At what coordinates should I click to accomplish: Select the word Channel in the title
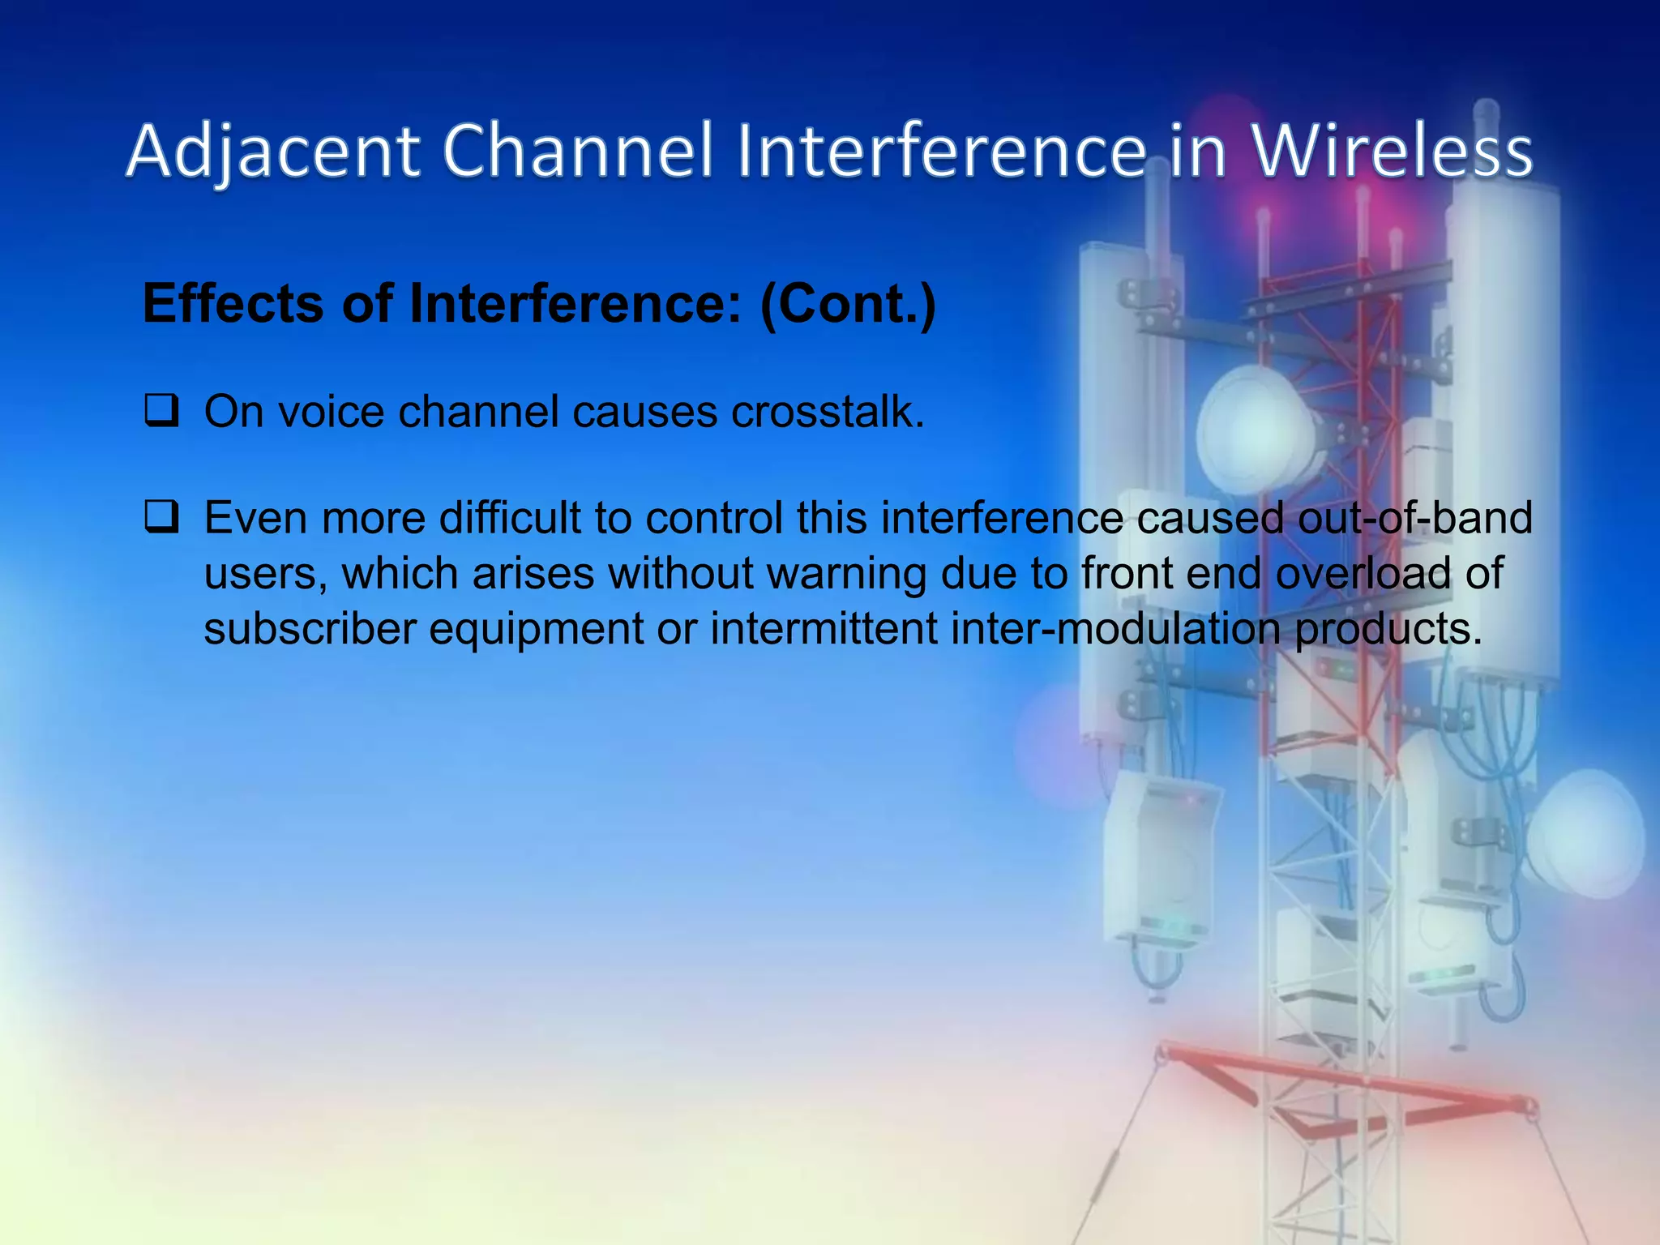pos(577,152)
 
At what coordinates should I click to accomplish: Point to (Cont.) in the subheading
pos(848,304)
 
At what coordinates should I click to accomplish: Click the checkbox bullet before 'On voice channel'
pos(161,411)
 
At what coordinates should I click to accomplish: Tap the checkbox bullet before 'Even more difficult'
pos(161,517)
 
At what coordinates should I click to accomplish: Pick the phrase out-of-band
pos(1415,518)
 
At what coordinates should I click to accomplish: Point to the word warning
pos(846,573)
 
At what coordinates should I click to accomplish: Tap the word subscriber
pos(310,629)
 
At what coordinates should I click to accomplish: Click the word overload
pos(1363,573)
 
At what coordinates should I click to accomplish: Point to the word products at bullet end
pos(1388,629)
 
